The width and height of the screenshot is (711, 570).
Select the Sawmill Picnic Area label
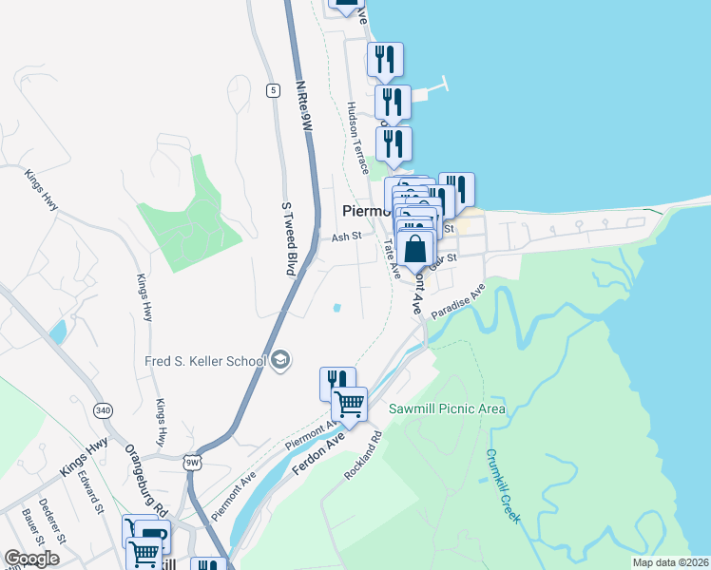[x=448, y=409]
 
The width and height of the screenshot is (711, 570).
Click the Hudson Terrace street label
[x=357, y=138]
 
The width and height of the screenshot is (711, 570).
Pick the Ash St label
[x=347, y=237]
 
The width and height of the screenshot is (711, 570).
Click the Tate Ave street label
[x=391, y=257]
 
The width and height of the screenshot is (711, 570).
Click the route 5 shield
[x=273, y=90]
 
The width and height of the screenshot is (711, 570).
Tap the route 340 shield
[x=103, y=410]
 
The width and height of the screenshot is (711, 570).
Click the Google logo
[x=32, y=559]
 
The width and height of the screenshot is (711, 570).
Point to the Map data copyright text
[x=669, y=562]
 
